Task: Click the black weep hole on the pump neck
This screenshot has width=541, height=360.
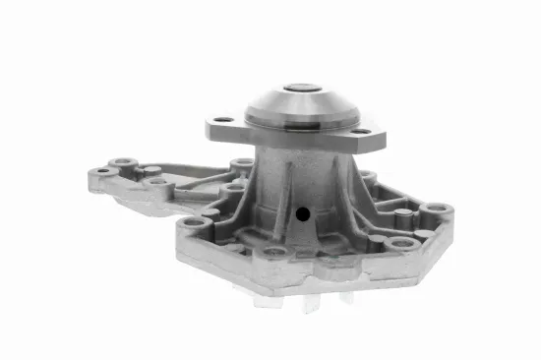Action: click(303, 212)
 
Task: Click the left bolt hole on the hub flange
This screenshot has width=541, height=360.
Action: click(225, 121)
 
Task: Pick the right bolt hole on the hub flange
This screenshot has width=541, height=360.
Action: click(361, 130)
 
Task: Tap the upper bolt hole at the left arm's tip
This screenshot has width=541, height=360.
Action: click(123, 162)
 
